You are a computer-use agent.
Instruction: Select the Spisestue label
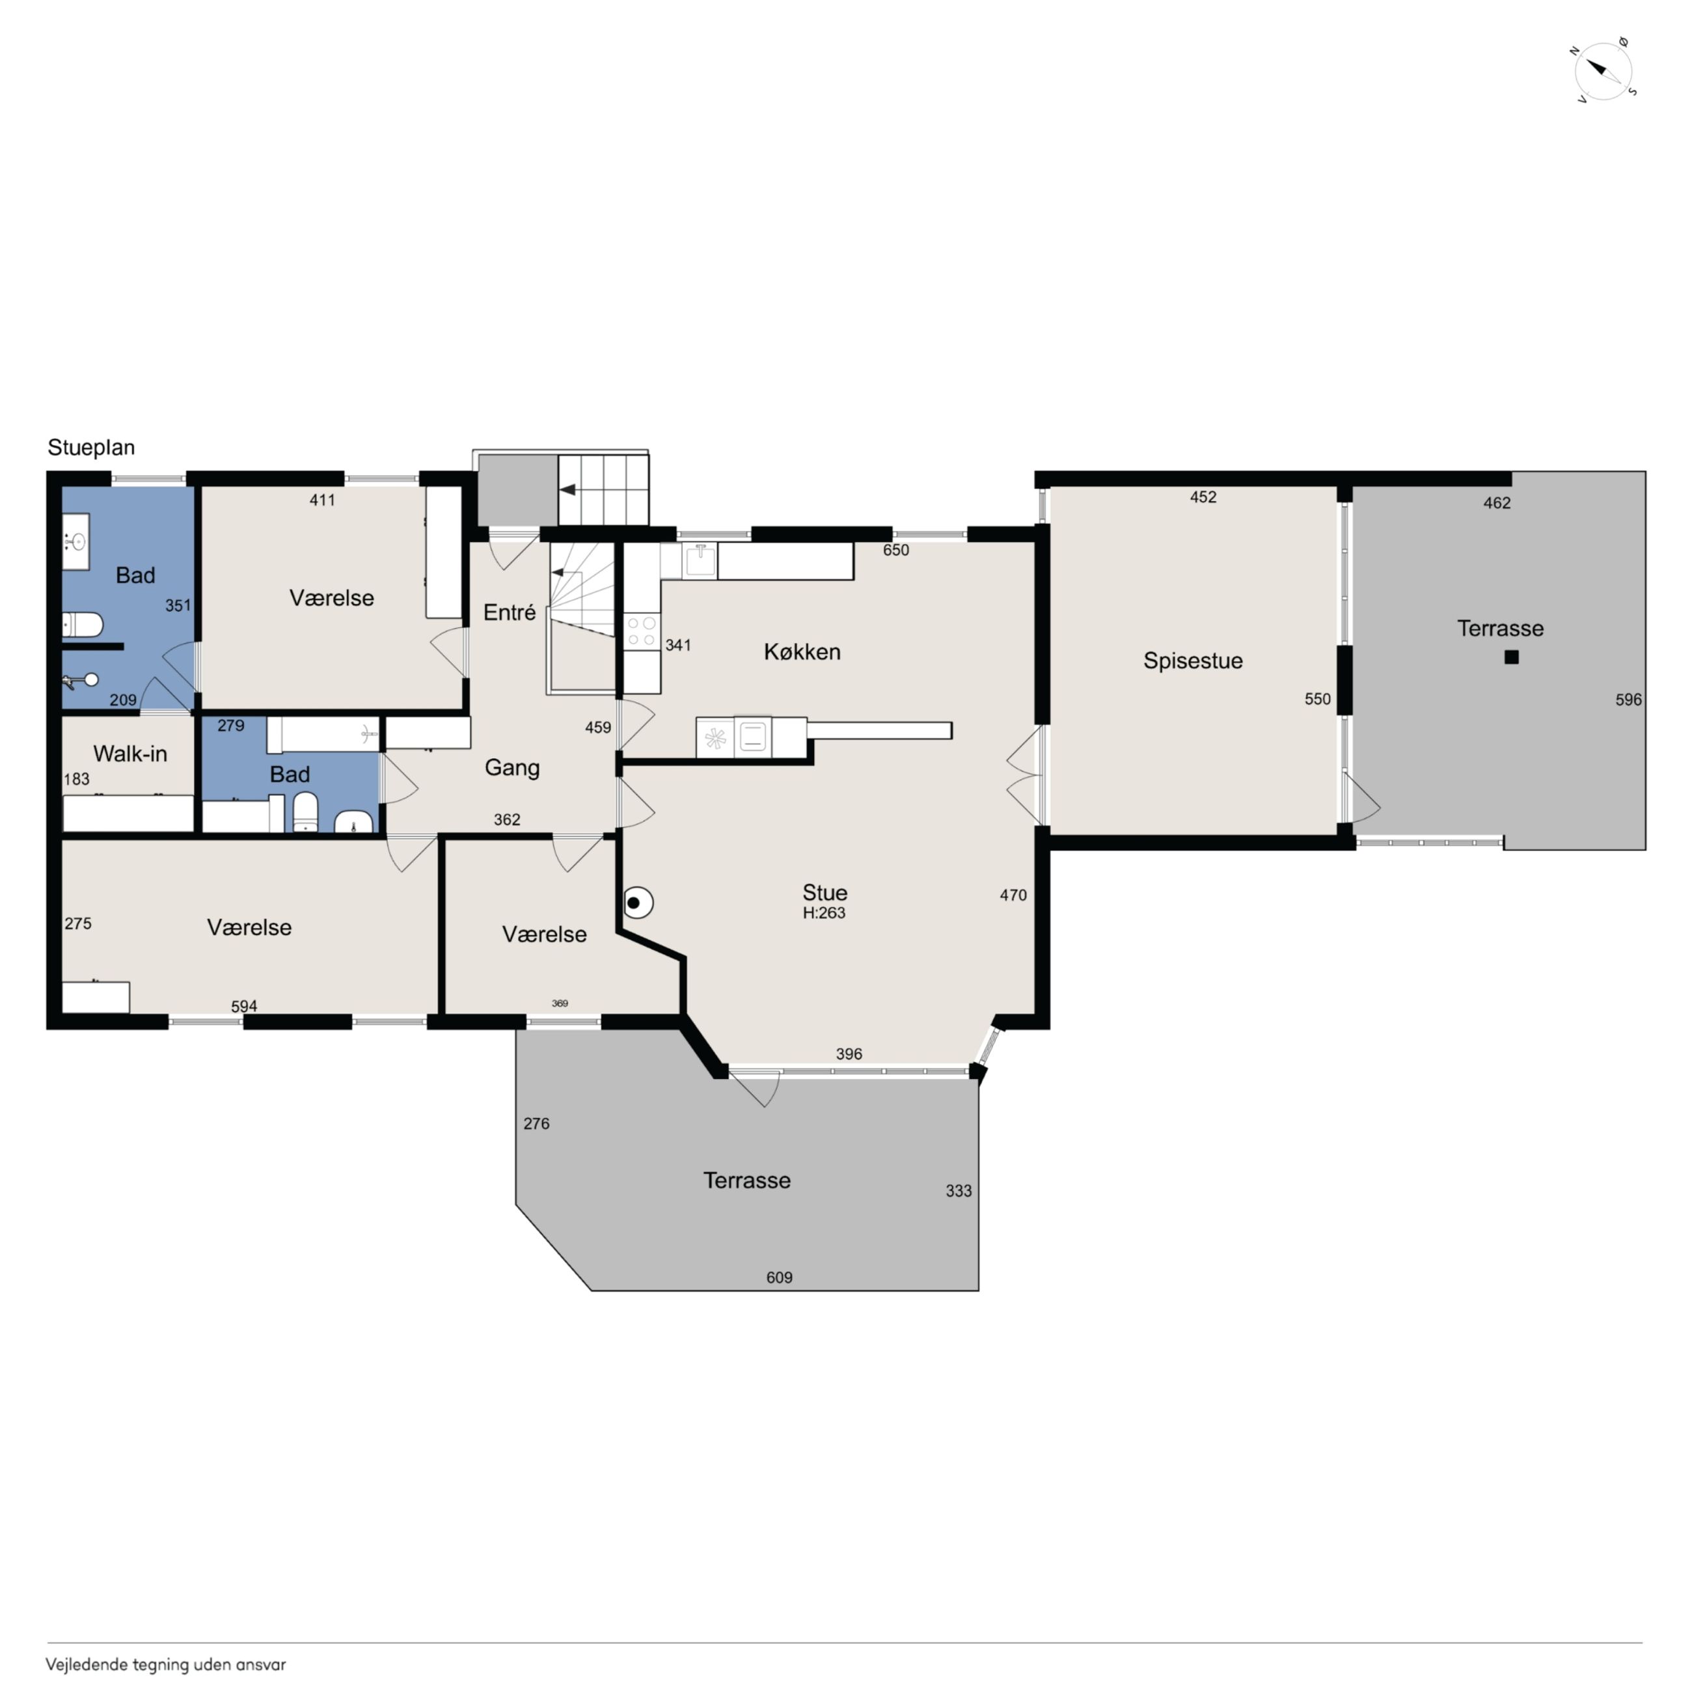(1192, 661)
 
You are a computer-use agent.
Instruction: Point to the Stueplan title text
(91, 448)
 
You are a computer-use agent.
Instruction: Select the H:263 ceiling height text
(823, 912)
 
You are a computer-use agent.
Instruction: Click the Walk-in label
(130, 753)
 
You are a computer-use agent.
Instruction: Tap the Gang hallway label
(512, 767)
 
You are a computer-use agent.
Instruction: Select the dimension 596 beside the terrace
(1628, 699)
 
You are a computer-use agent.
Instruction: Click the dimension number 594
(243, 1006)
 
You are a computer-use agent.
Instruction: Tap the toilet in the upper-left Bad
(83, 625)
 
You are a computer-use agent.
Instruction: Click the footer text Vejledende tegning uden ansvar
(165, 1665)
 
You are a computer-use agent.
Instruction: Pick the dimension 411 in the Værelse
(321, 500)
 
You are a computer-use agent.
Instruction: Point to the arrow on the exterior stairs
(567, 489)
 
